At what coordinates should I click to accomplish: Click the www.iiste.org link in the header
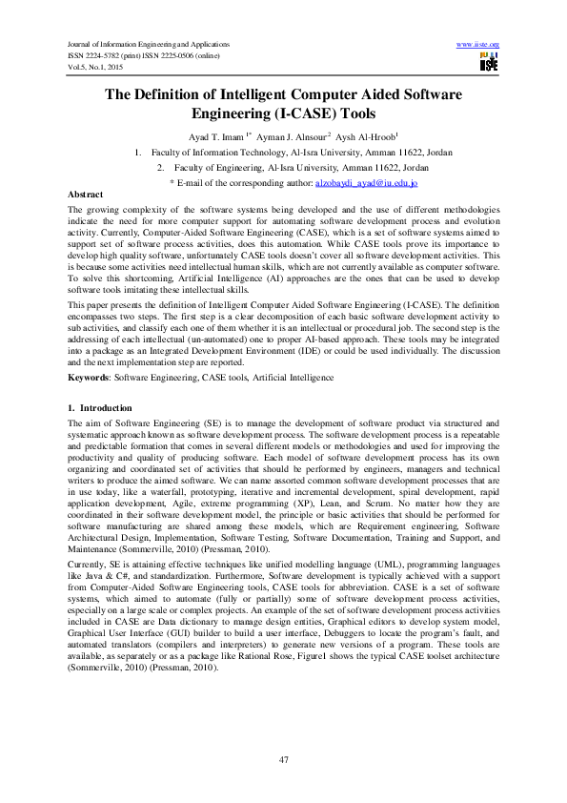(x=478, y=45)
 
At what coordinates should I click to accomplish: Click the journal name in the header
(x=149, y=45)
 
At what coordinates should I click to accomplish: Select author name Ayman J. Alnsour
(x=292, y=136)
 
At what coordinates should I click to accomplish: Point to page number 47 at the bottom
(x=283, y=759)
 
